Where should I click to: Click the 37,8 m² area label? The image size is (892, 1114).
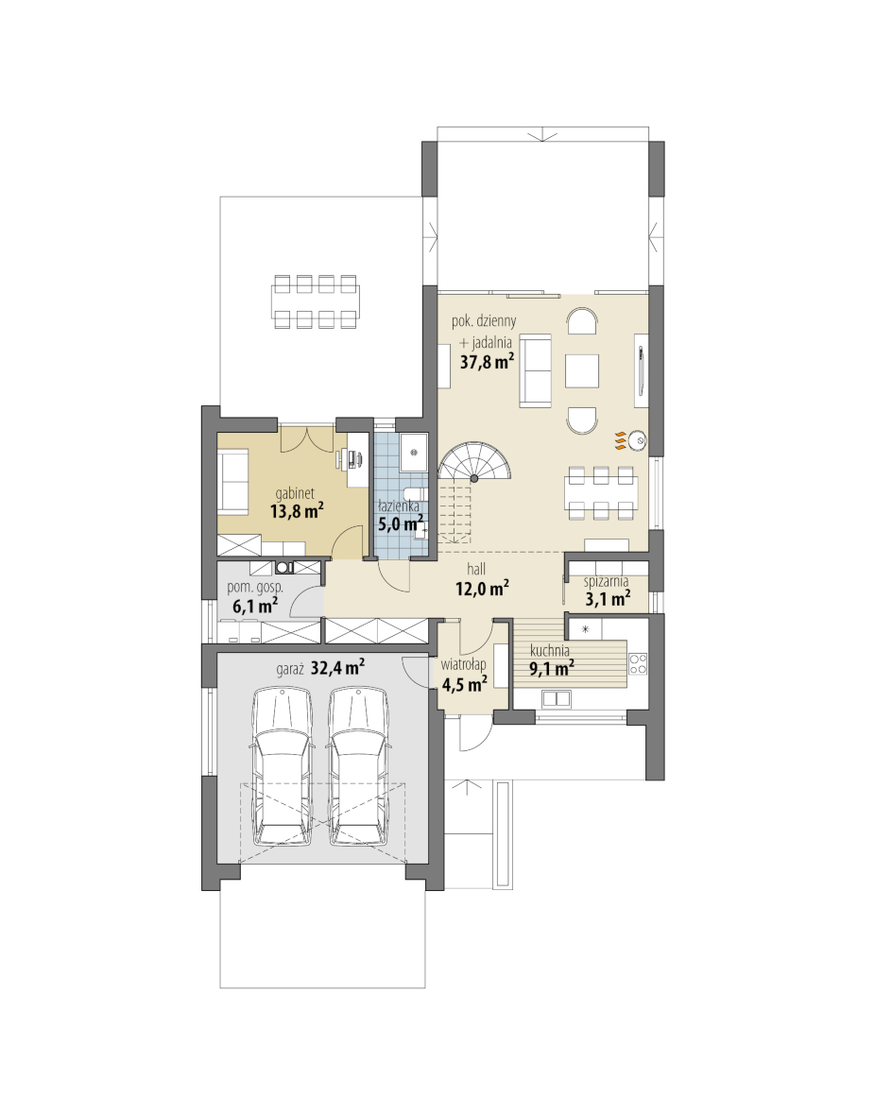487,362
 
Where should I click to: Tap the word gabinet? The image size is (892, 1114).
294,494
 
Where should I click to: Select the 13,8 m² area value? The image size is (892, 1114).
297,510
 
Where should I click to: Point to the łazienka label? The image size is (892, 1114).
398,506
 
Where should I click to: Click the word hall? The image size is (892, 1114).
476,569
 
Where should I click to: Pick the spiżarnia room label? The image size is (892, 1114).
607,581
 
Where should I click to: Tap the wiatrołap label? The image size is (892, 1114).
463,665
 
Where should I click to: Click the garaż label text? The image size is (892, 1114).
291,669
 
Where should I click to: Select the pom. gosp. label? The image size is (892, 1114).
254,589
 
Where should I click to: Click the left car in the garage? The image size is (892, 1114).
283,765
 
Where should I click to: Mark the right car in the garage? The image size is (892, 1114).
360,765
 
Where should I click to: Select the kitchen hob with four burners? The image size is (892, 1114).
638,663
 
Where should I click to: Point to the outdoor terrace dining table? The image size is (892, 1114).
316,302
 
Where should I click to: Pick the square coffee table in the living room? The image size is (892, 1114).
582,370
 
